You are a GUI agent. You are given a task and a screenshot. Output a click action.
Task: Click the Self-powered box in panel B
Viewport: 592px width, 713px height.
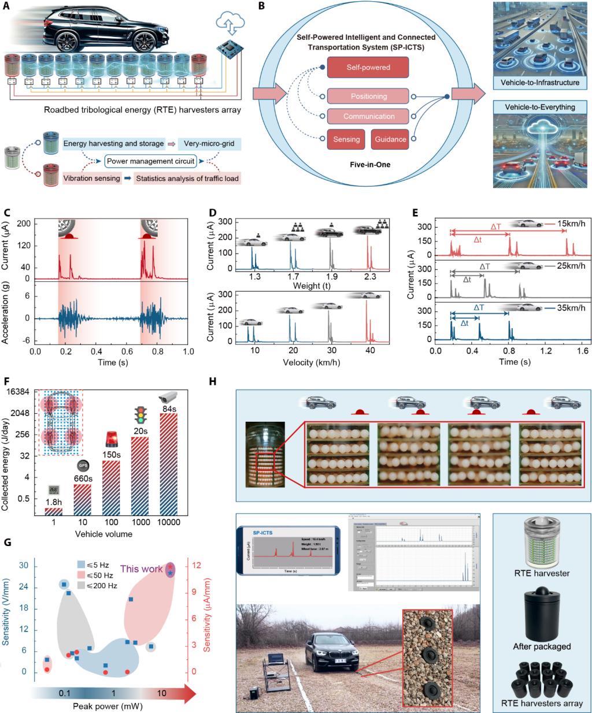tap(368, 68)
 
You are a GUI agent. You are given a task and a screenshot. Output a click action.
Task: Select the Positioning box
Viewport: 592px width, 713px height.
tap(368, 96)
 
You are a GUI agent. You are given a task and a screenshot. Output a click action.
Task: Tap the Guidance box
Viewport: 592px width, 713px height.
tap(390, 139)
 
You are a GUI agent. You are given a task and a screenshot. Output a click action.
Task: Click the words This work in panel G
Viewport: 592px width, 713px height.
tap(142, 569)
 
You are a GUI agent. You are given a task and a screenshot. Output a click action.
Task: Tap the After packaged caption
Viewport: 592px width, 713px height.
tap(542, 647)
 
